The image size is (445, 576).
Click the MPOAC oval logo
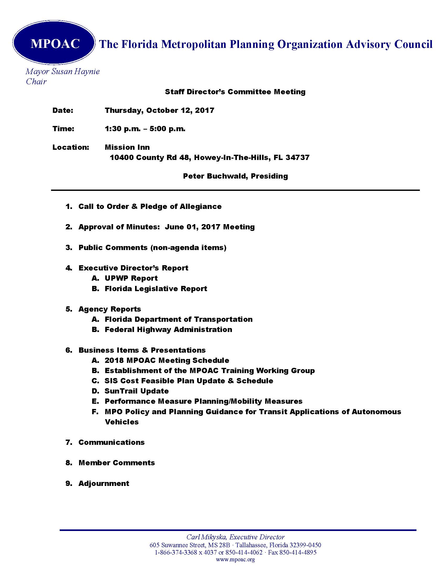tap(54, 43)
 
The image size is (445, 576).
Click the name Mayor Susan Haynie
tap(63, 71)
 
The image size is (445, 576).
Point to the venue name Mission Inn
tap(127, 147)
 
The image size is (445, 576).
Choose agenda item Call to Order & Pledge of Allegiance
tap(150, 206)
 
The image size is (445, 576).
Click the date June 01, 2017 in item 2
tap(192, 227)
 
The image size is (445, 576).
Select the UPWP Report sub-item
tap(131, 278)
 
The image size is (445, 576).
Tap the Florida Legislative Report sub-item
tap(156, 289)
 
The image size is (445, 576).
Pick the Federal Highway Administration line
tap(168, 329)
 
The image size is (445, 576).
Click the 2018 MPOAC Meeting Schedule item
tap(166, 360)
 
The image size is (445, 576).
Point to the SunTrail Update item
tap(137, 391)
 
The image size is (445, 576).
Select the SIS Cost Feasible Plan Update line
tap(189, 381)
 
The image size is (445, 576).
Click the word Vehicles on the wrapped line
tap(121, 422)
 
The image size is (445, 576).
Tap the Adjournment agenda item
tap(104, 483)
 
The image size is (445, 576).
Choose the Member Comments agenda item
tap(116, 463)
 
